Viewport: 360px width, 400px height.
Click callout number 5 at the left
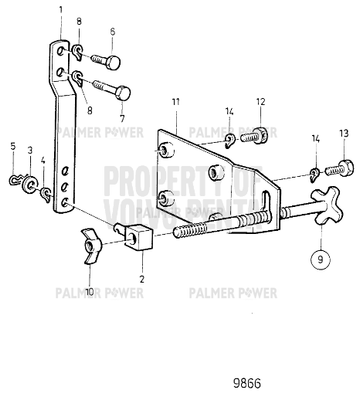[x=13, y=147]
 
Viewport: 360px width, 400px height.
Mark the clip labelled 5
[x=17, y=181]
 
